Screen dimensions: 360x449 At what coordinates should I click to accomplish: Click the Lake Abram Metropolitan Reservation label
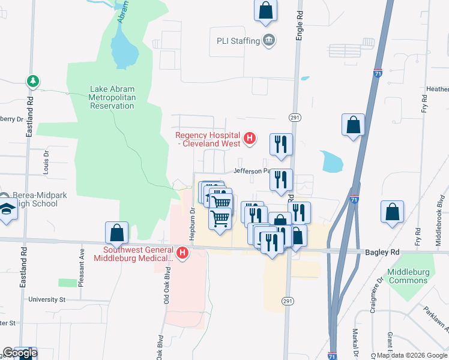tap(112, 97)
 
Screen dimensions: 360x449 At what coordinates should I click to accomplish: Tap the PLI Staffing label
tap(238, 41)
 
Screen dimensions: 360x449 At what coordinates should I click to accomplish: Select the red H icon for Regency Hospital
tap(250, 139)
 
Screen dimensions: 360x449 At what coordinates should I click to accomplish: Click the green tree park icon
tap(32, 80)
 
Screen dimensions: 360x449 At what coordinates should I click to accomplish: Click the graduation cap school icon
tap(7, 208)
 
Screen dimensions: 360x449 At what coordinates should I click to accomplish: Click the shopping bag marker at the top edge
tap(265, 11)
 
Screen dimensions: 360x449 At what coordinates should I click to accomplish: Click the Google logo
tap(20, 353)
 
